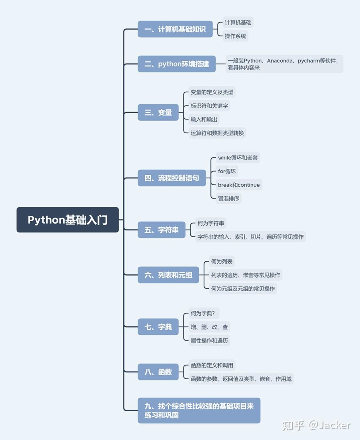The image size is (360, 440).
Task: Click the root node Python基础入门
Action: coord(68,220)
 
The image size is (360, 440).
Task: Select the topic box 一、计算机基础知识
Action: coord(175,29)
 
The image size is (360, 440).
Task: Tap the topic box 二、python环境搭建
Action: coord(177,64)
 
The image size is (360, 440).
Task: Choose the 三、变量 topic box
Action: coord(158,112)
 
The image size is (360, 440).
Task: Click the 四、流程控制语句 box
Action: coord(172,178)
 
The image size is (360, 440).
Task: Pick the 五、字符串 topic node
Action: coord(162,230)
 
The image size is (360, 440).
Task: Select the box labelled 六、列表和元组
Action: coord(168,275)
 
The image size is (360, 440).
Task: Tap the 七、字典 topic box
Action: coord(158,327)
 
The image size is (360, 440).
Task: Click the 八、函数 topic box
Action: coord(158,372)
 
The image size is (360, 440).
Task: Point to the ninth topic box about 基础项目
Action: coord(199,410)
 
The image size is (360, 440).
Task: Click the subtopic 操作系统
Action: coord(236,36)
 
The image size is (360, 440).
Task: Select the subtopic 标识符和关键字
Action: coord(209,106)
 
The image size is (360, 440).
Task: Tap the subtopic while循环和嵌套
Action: coord(238,158)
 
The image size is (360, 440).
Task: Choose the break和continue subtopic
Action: coord(239,185)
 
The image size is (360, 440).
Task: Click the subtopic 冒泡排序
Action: coord(229,199)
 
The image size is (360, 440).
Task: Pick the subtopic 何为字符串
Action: coord(211,223)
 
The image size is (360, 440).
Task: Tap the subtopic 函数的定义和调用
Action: coord(212,365)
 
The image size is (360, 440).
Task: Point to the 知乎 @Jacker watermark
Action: coord(316,426)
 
